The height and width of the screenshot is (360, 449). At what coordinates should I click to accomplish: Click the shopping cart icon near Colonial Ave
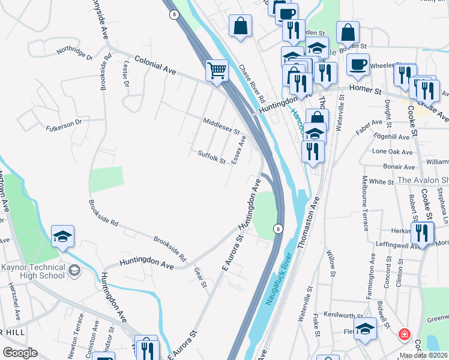tap(217, 70)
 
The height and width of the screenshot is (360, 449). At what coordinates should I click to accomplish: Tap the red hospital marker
tap(405, 334)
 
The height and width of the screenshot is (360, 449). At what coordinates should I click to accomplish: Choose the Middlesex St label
tap(221, 125)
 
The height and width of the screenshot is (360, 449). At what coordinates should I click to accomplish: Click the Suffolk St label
tap(211, 157)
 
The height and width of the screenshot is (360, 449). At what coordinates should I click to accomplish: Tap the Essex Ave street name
tap(240, 149)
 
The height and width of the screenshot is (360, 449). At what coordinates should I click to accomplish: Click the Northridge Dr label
tap(75, 53)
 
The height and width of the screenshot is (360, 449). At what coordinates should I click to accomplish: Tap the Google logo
tap(20, 353)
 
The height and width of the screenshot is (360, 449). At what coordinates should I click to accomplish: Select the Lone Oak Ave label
tap(393, 152)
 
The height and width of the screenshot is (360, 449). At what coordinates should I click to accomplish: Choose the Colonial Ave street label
tap(155, 65)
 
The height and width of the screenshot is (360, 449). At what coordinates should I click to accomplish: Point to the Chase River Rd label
tap(252, 84)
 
